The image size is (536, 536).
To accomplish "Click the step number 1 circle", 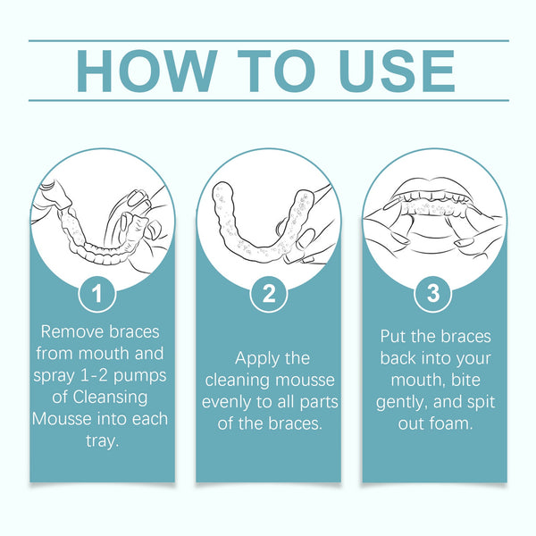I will pyautogui.click(x=101, y=294).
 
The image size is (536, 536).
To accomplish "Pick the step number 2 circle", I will pyautogui.click(x=267, y=294).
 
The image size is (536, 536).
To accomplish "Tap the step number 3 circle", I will pyautogui.click(x=433, y=294).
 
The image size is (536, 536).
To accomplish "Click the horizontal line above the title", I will pyautogui.click(x=268, y=40).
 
